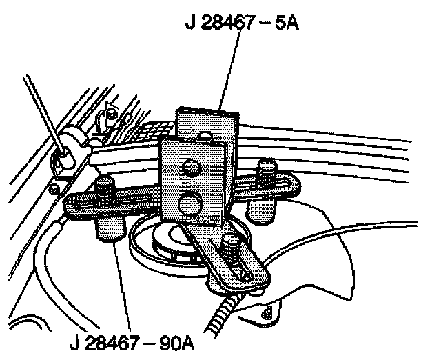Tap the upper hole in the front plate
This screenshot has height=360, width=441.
192,167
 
